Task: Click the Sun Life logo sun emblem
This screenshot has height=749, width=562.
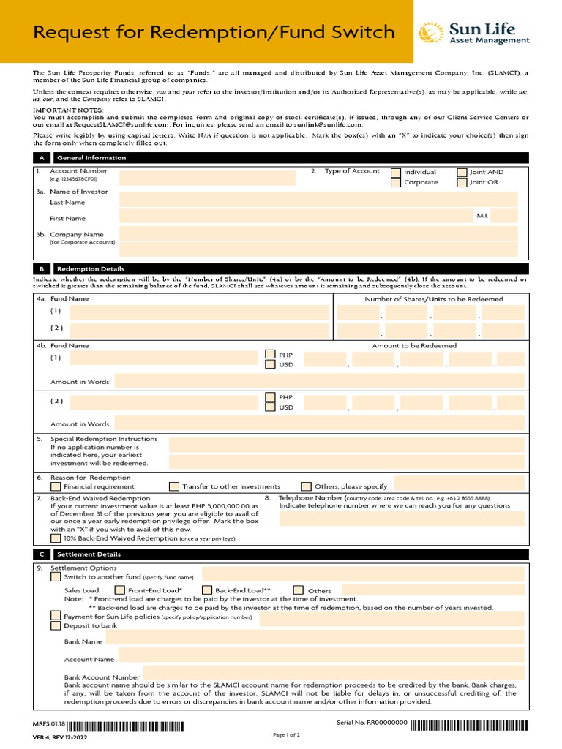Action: pos(430,33)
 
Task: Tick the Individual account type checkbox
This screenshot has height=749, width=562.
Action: pos(396,173)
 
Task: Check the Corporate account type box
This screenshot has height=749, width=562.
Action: pos(396,183)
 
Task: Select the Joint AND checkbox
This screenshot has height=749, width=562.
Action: pos(462,173)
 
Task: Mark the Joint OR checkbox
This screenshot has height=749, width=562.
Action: pos(462,183)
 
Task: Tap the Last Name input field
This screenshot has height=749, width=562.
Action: pos(318,200)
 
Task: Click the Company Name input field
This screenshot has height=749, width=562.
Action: pos(318,233)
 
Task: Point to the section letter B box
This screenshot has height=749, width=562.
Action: pos(41,269)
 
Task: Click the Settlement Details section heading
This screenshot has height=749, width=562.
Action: pos(80,555)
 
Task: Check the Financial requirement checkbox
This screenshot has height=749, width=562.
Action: pos(56,486)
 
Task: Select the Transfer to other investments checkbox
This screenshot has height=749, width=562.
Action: pos(173,486)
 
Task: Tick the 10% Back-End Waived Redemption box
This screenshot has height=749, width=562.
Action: pos(56,538)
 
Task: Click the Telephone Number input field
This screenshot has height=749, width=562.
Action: pos(402,519)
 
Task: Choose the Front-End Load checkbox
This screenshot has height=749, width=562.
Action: pos(119,590)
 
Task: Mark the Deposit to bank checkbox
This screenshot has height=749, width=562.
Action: pos(56,625)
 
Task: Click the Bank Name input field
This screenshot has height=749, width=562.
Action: pos(315,641)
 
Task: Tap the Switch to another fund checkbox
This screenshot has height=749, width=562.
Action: pos(56,577)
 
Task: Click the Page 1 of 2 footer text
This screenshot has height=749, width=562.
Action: pos(286,734)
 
